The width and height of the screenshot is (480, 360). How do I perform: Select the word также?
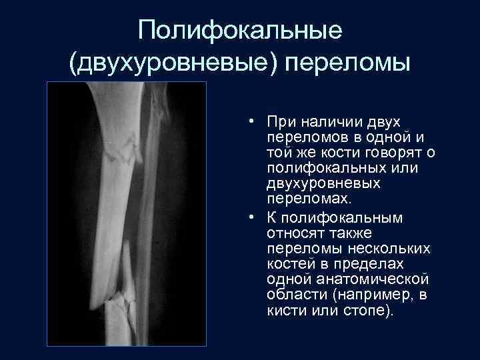coord(347,233)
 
